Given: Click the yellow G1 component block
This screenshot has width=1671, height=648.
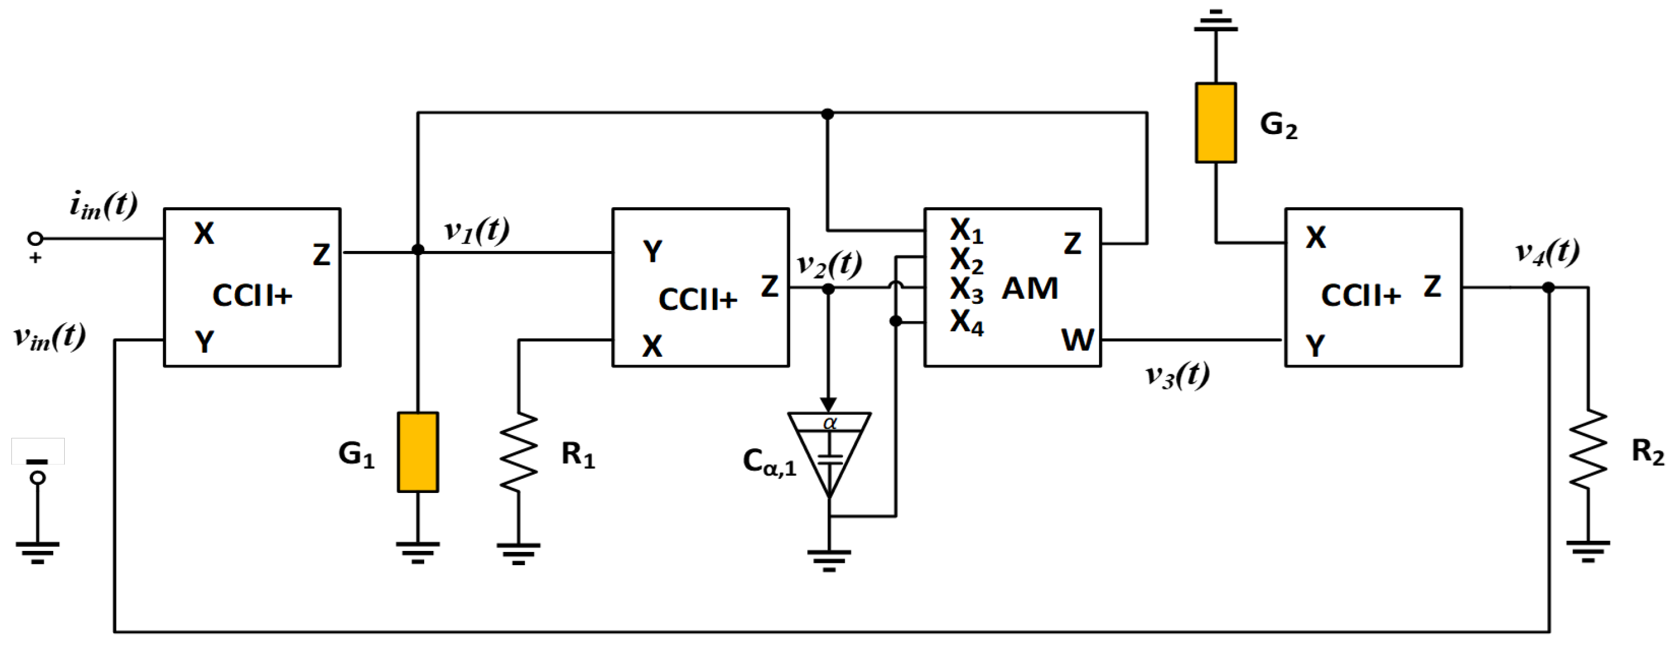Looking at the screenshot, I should [x=418, y=452].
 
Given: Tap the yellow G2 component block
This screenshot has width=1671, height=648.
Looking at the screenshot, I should [x=1215, y=123].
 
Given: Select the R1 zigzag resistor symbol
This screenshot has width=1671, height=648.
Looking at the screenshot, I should [x=519, y=452].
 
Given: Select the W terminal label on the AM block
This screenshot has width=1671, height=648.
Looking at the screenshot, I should [x=1077, y=340].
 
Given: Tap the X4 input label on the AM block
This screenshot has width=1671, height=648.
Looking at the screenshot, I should [x=966, y=323].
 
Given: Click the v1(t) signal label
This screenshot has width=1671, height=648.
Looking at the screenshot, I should [x=476, y=230].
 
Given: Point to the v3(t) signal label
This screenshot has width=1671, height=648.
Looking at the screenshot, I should [x=1177, y=375].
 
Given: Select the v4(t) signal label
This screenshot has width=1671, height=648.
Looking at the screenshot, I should [x=1547, y=252].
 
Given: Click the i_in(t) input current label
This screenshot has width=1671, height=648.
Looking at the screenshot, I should [x=104, y=205].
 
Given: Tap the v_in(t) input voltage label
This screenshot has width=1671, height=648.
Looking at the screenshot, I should [x=49, y=337].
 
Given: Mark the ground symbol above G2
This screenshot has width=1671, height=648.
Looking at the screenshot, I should [x=1215, y=22].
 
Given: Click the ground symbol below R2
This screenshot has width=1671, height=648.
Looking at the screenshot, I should [x=1588, y=551].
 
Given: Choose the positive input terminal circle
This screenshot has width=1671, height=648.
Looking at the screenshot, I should [x=36, y=239].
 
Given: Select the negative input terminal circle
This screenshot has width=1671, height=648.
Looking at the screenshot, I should [x=37, y=478].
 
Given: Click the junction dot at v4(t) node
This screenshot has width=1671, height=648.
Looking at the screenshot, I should [x=1548, y=287].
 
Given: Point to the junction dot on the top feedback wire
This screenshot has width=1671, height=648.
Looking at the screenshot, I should [x=827, y=114].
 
